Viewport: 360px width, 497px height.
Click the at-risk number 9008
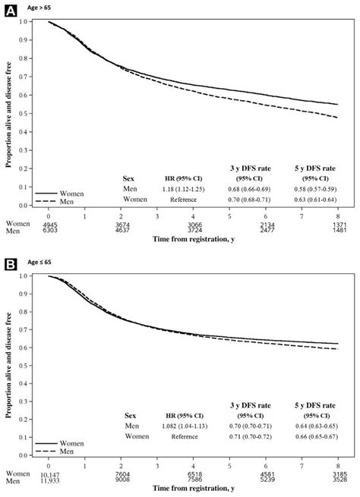122,484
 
